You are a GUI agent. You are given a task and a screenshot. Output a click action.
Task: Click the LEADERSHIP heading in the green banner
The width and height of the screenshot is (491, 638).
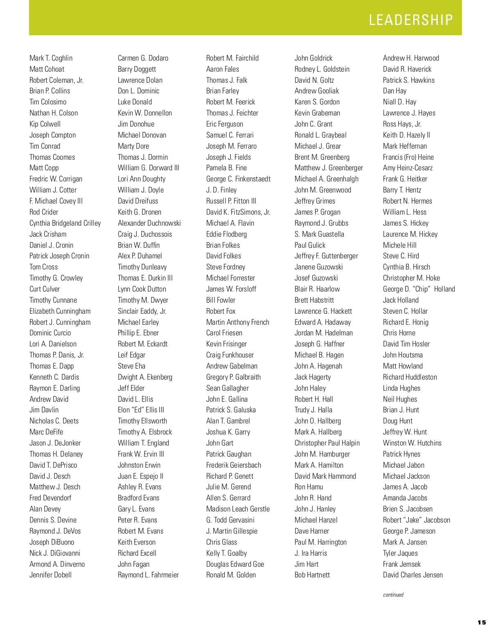point(411,20)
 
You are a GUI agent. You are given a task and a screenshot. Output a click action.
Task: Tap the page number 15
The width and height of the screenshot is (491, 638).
point(482,622)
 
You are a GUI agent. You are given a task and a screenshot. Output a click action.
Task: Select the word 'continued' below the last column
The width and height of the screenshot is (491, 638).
point(393,595)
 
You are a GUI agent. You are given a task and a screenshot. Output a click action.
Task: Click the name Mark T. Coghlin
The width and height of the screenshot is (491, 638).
point(51,58)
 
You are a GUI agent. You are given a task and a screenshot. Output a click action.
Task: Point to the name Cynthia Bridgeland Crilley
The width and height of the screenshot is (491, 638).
point(65,223)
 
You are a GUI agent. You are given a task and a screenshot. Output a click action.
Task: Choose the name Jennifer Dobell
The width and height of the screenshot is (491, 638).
point(50,575)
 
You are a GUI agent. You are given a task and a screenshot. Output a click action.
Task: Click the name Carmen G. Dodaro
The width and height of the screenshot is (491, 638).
point(143,58)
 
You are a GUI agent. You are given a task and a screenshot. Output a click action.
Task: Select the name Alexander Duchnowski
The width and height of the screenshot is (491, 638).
point(149,223)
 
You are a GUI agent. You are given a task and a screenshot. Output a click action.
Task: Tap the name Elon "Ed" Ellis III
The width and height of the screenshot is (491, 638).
point(141,410)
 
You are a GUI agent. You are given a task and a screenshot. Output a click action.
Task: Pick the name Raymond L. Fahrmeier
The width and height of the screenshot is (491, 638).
point(148,575)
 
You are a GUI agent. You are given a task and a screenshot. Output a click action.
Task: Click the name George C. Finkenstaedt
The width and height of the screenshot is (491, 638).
point(238,179)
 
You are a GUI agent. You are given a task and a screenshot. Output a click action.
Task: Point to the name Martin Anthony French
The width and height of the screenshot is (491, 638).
point(238,322)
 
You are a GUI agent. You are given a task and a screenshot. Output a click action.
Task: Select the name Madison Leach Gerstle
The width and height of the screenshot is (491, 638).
point(238,509)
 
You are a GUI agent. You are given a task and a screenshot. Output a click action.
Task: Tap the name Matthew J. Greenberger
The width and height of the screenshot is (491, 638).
point(329,168)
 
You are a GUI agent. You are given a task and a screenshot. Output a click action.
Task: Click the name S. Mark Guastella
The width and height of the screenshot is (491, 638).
point(319,234)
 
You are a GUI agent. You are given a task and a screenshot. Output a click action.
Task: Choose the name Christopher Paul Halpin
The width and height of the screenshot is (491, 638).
point(327,443)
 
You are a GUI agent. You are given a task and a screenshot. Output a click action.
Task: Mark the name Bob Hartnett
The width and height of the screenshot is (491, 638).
point(312,575)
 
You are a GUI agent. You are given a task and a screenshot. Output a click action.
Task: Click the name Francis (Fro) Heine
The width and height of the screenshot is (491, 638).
point(408,157)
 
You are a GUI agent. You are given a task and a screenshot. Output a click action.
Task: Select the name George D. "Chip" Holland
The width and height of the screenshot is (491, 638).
point(419,289)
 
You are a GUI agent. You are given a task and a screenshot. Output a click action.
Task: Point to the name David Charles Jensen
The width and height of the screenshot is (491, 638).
point(413,575)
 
